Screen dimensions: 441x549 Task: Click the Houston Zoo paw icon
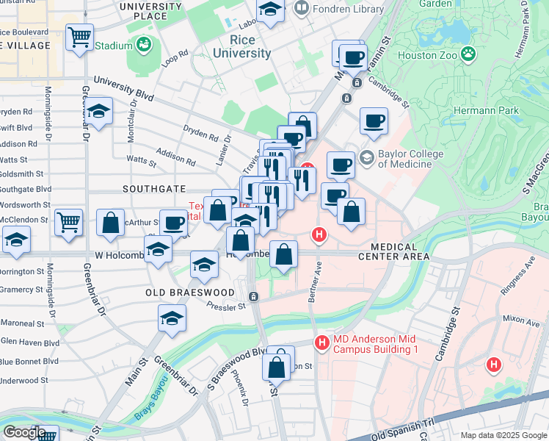coord(468,54)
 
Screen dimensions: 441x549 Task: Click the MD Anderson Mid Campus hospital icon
coord(321,343)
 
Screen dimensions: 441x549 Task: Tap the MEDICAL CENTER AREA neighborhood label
coord(393,251)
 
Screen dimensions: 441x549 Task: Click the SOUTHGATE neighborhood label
coord(154,189)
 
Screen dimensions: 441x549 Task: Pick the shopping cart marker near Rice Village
coord(79,36)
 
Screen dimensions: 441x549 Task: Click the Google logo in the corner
coord(24,431)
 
